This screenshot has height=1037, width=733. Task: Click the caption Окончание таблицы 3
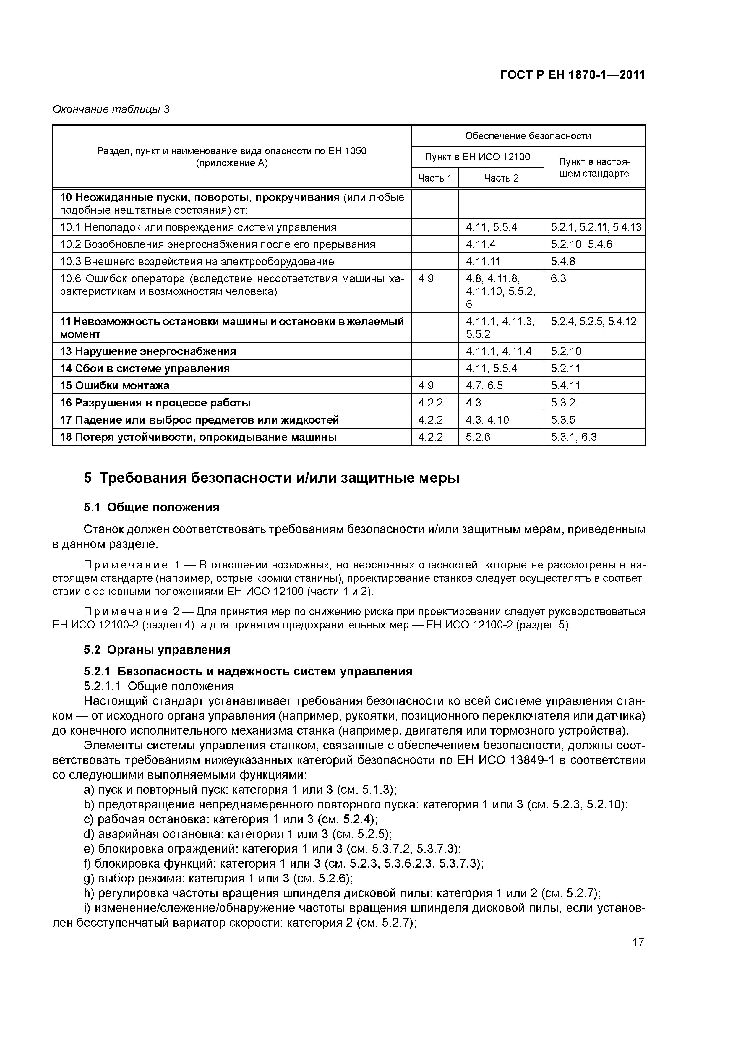(x=111, y=109)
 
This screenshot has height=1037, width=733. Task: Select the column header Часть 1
(x=434, y=178)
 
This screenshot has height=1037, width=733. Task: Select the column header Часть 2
(x=501, y=178)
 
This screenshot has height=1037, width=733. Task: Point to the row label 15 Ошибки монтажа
(x=115, y=385)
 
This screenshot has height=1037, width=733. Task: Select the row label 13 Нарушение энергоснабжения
(x=148, y=351)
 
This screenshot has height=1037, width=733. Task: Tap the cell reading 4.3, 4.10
(x=487, y=419)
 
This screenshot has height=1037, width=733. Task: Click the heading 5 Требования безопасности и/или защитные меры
(x=271, y=477)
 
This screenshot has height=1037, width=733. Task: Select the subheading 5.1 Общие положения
(x=151, y=507)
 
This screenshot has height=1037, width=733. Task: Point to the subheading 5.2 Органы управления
(x=157, y=649)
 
